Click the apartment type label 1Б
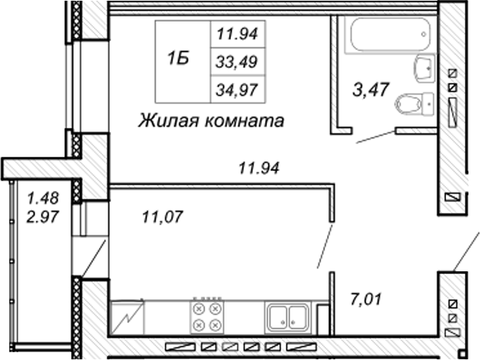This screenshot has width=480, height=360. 178,58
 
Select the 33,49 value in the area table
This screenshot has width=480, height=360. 237,62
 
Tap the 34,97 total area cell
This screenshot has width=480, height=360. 237,90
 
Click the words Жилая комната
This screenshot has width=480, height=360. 211,120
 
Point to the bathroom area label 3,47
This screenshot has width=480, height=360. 371,89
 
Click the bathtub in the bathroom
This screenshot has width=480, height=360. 391,35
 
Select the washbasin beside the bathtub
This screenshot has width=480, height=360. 424,69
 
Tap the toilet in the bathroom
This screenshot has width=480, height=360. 415,103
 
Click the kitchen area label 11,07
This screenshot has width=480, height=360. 162,217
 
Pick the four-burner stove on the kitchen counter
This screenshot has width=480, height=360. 207,317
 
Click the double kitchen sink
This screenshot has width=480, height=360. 288,317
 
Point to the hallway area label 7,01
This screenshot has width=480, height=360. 366,299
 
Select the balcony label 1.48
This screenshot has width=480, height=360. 43,198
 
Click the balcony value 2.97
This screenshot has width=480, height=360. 43,217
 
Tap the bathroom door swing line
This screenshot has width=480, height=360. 375,137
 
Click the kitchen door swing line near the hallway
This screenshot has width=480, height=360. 325,246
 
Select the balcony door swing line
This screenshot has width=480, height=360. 93,258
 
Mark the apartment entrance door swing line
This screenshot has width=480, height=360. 466,251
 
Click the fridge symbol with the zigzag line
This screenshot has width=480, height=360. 127,317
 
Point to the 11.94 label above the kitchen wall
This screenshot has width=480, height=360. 259,168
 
